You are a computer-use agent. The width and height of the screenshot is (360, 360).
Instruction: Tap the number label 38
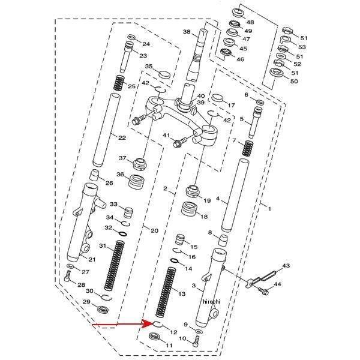tap(187, 32)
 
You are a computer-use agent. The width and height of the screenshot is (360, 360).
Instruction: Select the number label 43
tap(286, 266)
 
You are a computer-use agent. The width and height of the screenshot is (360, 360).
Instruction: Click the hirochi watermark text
tap(211, 301)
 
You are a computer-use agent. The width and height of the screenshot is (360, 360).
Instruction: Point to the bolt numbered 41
tap(180, 142)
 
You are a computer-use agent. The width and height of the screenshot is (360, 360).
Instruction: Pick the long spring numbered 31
tap(115, 265)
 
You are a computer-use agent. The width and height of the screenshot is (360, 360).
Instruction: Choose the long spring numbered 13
tap(166, 292)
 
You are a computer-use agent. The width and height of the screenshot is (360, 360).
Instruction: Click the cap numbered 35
tap(164, 75)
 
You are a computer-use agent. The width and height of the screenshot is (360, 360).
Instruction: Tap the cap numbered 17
tap(217, 98)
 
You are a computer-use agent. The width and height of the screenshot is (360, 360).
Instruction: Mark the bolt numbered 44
tap(263, 291)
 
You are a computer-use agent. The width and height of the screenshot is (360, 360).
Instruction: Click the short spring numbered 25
tap(119, 83)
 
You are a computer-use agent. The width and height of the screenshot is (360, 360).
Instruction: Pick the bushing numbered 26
tap(94, 176)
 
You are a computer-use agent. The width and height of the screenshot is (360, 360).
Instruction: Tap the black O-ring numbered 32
tap(123, 234)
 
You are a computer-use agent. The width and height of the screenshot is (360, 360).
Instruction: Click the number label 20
tap(155, 230)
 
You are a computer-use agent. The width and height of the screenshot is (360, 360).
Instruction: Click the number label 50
tap(293, 81)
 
